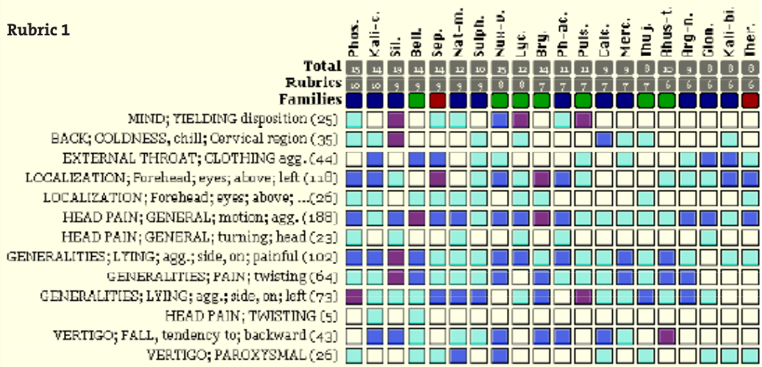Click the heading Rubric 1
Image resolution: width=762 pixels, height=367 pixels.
(37, 32)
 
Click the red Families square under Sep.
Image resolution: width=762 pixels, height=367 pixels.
(438, 99)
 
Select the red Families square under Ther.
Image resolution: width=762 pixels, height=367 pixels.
(750, 99)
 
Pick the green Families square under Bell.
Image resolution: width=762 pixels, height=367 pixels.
(417, 99)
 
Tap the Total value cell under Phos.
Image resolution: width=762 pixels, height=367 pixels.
(355, 68)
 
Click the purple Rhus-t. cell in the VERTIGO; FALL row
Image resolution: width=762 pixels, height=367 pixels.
(667, 336)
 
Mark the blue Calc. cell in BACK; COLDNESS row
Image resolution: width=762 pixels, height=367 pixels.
(605, 138)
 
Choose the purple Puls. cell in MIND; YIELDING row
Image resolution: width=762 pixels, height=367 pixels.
(584, 118)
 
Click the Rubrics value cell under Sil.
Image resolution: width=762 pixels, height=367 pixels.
(397, 83)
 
